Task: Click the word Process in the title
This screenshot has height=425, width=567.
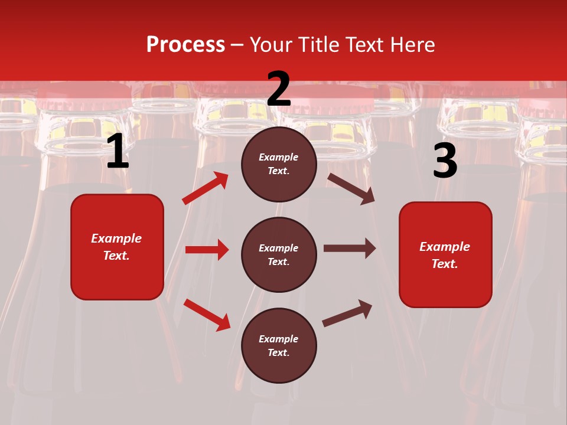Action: (185, 45)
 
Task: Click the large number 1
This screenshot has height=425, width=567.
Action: (118, 152)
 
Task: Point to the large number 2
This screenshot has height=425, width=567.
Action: (279, 90)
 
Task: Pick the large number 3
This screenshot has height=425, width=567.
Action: (445, 161)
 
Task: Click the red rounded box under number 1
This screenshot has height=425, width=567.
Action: (117, 247)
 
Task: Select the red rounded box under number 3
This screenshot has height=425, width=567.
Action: (445, 255)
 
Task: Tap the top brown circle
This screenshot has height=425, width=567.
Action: (279, 164)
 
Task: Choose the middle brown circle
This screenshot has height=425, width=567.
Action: (279, 255)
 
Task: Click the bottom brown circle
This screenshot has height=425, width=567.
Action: (279, 346)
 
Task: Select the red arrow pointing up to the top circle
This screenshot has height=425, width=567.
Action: (206, 188)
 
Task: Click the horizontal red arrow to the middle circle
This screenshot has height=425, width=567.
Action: (207, 250)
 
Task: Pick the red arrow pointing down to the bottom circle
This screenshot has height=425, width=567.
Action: (207, 314)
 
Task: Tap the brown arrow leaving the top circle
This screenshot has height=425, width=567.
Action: (351, 188)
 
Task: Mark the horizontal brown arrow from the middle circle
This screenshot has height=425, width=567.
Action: (350, 249)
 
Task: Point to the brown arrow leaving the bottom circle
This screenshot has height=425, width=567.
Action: (347, 313)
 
